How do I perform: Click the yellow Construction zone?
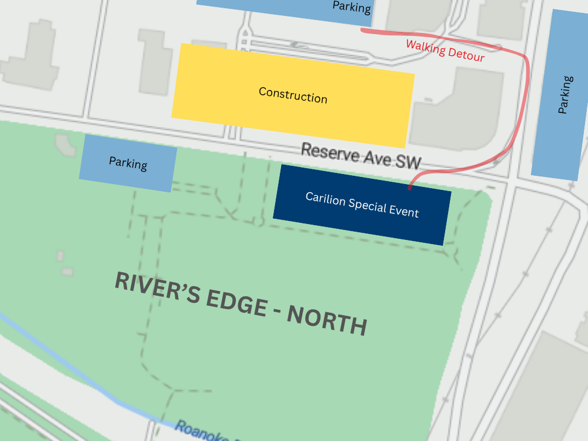293,95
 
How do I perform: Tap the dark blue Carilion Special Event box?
362,205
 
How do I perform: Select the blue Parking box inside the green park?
128,163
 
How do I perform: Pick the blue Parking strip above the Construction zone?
294,7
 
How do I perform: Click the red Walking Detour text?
445,51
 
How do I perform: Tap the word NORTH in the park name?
327,320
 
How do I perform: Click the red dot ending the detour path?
410,188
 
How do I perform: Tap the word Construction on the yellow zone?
293,95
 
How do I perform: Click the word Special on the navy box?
368,205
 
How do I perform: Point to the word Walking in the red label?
425,47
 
